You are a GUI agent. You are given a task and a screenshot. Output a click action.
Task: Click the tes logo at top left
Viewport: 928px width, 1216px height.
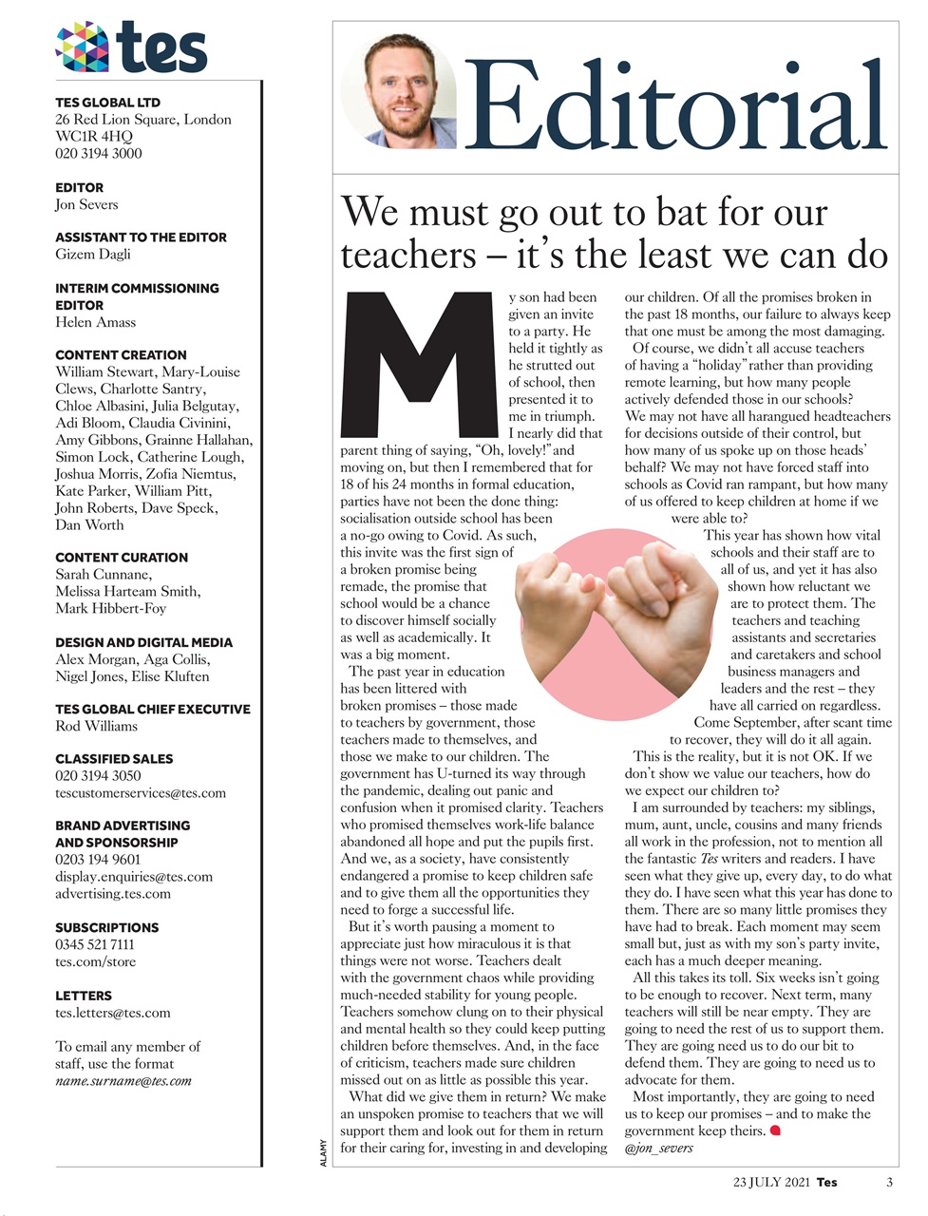point(131,47)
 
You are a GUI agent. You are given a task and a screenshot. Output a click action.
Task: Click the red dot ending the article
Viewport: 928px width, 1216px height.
point(775,1130)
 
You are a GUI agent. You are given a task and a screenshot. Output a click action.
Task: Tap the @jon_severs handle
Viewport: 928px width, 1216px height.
point(658,1148)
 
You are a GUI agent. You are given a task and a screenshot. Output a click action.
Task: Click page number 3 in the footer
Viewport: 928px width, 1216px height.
point(889,1183)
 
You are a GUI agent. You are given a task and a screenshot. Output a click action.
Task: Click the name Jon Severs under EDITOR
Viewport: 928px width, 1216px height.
point(86,204)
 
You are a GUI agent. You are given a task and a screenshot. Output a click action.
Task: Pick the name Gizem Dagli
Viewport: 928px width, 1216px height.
point(93,254)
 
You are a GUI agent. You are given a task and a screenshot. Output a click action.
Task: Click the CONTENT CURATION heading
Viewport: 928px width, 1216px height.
point(122,558)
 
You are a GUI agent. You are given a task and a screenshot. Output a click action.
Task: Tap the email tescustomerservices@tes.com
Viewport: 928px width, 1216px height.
point(141,792)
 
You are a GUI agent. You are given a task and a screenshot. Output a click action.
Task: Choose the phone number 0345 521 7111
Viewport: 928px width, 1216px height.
point(95,944)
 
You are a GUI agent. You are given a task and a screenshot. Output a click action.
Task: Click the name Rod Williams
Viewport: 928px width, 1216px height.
point(96,726)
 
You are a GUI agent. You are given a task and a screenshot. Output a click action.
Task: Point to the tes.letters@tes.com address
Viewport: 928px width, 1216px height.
point(113,1013)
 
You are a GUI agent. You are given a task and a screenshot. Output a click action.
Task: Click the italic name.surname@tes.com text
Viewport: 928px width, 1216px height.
point(123,1080)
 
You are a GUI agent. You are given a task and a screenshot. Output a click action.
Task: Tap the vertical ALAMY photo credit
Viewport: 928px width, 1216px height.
point(324,1152)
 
